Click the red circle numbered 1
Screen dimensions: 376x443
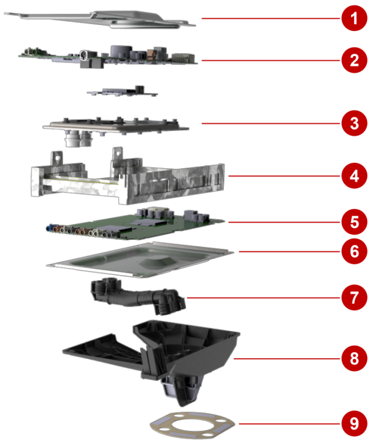click(354, 18)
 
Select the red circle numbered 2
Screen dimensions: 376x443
click(354, 60)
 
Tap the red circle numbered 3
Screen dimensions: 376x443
click(354, 123)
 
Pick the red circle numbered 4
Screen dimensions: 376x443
click(354, 176)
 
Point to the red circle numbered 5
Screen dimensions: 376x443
click(354, 222)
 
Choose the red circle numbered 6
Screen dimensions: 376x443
click(354, 251)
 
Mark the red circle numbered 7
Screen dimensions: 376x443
click(354, 297)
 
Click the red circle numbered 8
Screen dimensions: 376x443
click(354, 358)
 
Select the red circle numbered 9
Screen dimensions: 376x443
click(354, 424)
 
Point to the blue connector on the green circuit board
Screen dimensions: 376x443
click(50, 228)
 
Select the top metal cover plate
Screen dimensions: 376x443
click(100, 19)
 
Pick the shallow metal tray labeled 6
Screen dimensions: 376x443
click(140, 260)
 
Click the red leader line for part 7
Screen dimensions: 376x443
click(263, 297)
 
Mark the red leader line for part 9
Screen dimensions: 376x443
click(290, 424)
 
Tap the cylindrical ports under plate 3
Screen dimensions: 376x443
click(78, 138)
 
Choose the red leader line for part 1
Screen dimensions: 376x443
click(271, 18)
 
